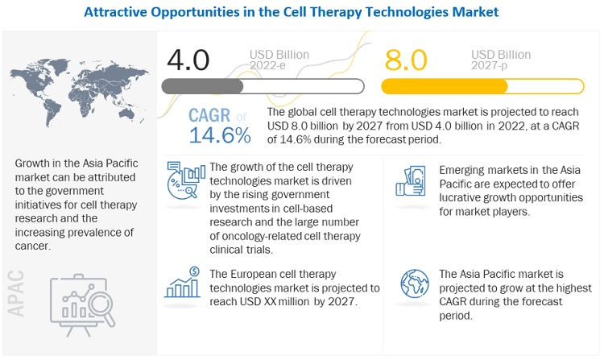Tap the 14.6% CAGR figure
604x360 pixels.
click(220, 134)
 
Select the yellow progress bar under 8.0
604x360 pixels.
click(482, 86)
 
